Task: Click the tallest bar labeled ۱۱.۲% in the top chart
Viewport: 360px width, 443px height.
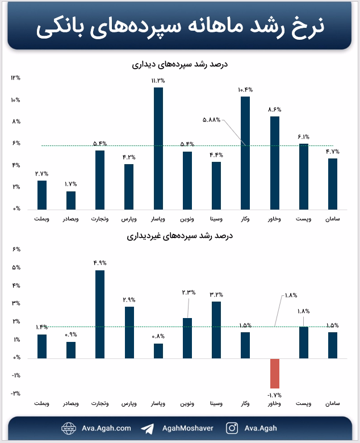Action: tap(158, 149)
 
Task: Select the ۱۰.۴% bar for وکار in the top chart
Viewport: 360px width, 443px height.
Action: tap(245, 153)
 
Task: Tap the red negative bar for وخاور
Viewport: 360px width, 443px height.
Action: tap(275, 374)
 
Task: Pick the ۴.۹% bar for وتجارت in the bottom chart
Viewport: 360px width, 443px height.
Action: tap(100, 315)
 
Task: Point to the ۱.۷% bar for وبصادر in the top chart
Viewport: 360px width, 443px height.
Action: tap(71, 200)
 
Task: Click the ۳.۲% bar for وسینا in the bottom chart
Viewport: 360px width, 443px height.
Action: tap(216, 330)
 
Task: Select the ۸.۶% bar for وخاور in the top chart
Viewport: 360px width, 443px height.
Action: tap(275, 163)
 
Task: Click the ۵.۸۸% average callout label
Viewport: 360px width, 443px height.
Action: tap(211, 120)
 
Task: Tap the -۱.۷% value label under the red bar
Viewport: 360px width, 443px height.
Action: tap(274, 395)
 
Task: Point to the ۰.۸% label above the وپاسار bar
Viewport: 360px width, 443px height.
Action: tap(158, 336)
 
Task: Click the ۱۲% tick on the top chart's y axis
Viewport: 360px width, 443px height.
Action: tap(16, 78)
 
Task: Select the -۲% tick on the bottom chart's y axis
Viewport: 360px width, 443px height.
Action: tap(16, 393)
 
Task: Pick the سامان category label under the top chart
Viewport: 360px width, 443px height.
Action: tap(333, 219)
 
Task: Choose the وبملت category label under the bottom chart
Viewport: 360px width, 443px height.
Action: tap(42, 403)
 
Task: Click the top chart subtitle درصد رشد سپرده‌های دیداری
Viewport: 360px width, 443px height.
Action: tap(180, 64)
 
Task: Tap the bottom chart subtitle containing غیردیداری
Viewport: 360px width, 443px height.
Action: tap(180, 236)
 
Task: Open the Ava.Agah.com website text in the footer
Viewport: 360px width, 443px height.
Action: tap(106, 428)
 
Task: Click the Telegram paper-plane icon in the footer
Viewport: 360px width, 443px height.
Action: tap(148, 429)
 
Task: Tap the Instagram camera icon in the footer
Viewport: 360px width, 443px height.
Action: tap(232, 428)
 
